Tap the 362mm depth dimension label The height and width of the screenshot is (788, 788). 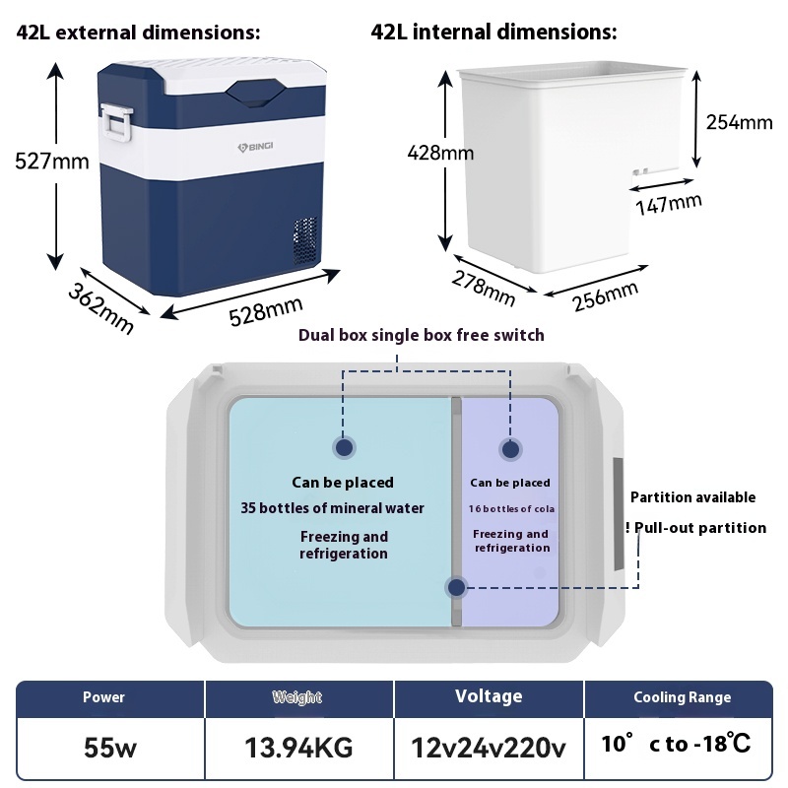100,305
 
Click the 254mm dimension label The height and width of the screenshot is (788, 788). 739,122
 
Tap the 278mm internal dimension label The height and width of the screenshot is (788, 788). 484,286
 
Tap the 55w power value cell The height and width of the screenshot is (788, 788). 110,746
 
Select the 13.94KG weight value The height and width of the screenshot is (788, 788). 298,746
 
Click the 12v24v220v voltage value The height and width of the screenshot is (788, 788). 489,746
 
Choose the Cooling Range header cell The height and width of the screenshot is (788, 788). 682,697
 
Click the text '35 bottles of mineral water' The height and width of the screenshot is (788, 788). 333,508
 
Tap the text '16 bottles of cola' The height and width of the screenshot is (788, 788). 512,508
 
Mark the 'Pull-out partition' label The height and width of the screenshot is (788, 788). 698,528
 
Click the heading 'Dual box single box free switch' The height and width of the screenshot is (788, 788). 421,335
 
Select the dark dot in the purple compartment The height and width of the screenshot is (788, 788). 510,449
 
